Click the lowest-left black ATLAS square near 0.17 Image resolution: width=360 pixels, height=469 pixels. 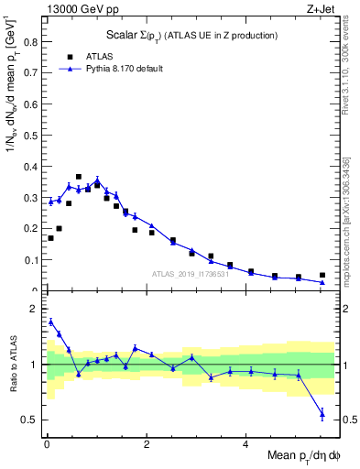click(50, 238)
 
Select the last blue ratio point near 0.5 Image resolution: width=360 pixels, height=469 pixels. click(322, 414)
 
